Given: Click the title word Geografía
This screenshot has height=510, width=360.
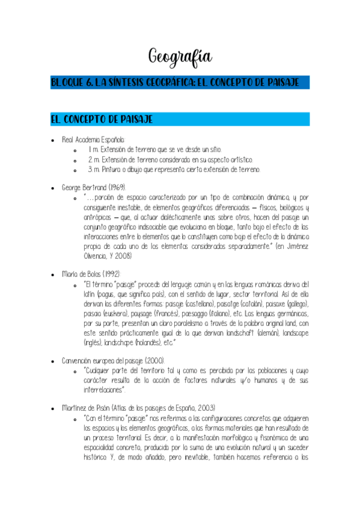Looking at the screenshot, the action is click(x=180, y=57).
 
